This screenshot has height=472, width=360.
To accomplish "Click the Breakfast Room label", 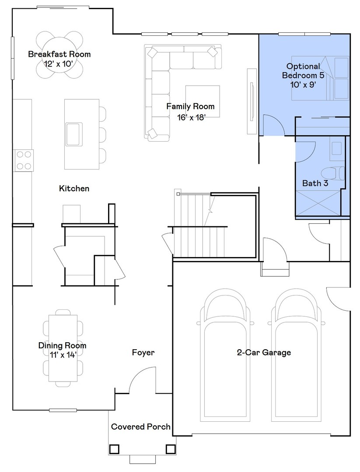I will pyautogui.click(x=59, y=54).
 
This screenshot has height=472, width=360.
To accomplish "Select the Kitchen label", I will pyautogui.click(x=74, y=188).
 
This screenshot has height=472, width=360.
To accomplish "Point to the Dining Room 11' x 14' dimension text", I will pyautogui.click(x=62, y=355).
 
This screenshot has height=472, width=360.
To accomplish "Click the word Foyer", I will pyautogui.click(x=143, y=352).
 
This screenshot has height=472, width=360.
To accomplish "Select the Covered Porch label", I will pyautogui.click(x=140, y=427).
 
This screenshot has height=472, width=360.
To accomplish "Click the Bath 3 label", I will pyautogui.click(x=315, y=183).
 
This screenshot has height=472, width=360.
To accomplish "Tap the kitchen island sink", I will pyautogui.click(x=73, y=134).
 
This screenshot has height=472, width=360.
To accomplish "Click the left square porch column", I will pyautogui.click(x=115, y=449).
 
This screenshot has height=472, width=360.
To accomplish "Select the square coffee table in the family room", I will pyautogui.click(x=202, y=101).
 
